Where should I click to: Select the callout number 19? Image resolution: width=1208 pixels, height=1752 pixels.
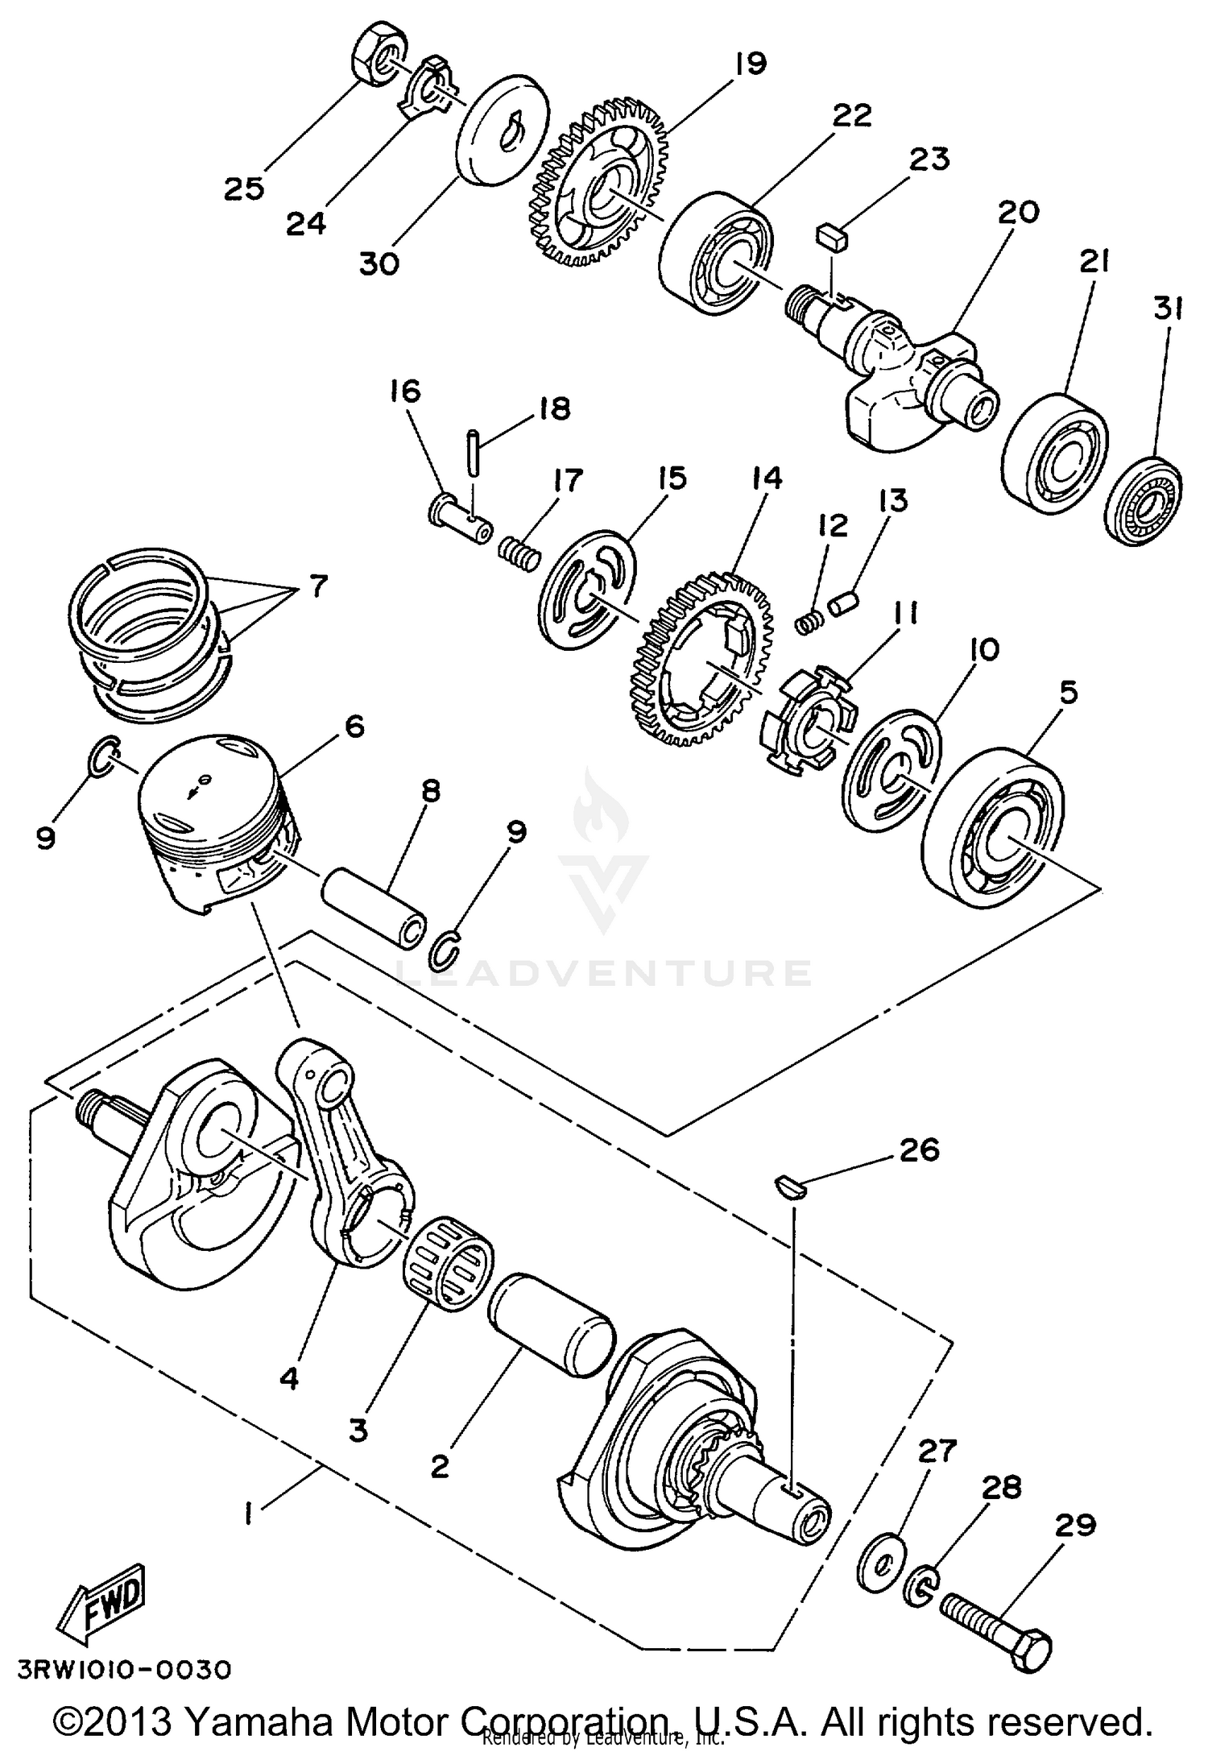[750, 63]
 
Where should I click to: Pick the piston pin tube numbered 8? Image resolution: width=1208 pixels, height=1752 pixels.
[377, 905]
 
